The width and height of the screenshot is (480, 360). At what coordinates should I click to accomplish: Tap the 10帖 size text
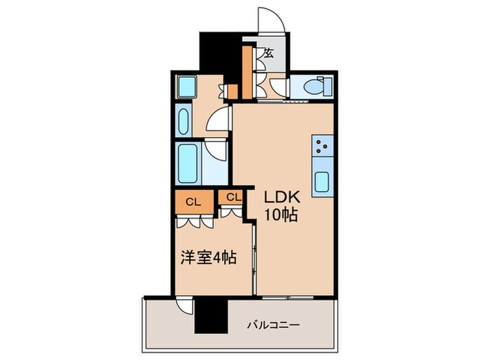(x=281, y=215)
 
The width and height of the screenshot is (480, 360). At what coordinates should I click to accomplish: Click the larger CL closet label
(x=193, y=202)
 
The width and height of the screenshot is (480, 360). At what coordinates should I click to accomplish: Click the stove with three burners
(x=322, y=145)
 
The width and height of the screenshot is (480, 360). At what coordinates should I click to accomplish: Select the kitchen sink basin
(x=322, y=182)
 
